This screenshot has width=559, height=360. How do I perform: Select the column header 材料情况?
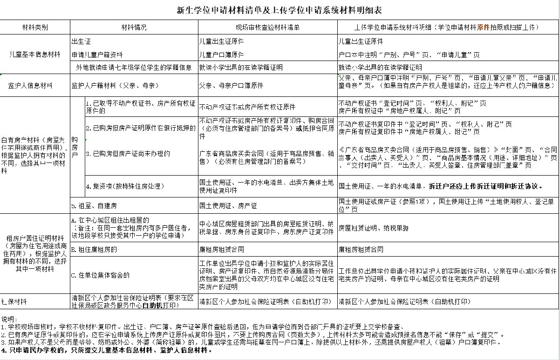click(134, 27)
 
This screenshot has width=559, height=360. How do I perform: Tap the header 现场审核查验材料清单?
click(267, 27)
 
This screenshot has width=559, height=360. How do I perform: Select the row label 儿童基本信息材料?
click(35, 54)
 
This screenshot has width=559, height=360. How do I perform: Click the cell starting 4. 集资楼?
click(125, 186)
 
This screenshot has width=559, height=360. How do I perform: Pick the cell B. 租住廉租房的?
click(94, 249)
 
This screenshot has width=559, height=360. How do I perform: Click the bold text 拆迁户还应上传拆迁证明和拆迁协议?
click(486, 186)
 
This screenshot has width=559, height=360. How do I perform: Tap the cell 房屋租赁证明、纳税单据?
click(373, 228)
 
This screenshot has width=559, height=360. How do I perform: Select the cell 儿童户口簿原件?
click(222, 54)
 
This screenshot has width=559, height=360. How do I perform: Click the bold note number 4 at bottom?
click(4, 349)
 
